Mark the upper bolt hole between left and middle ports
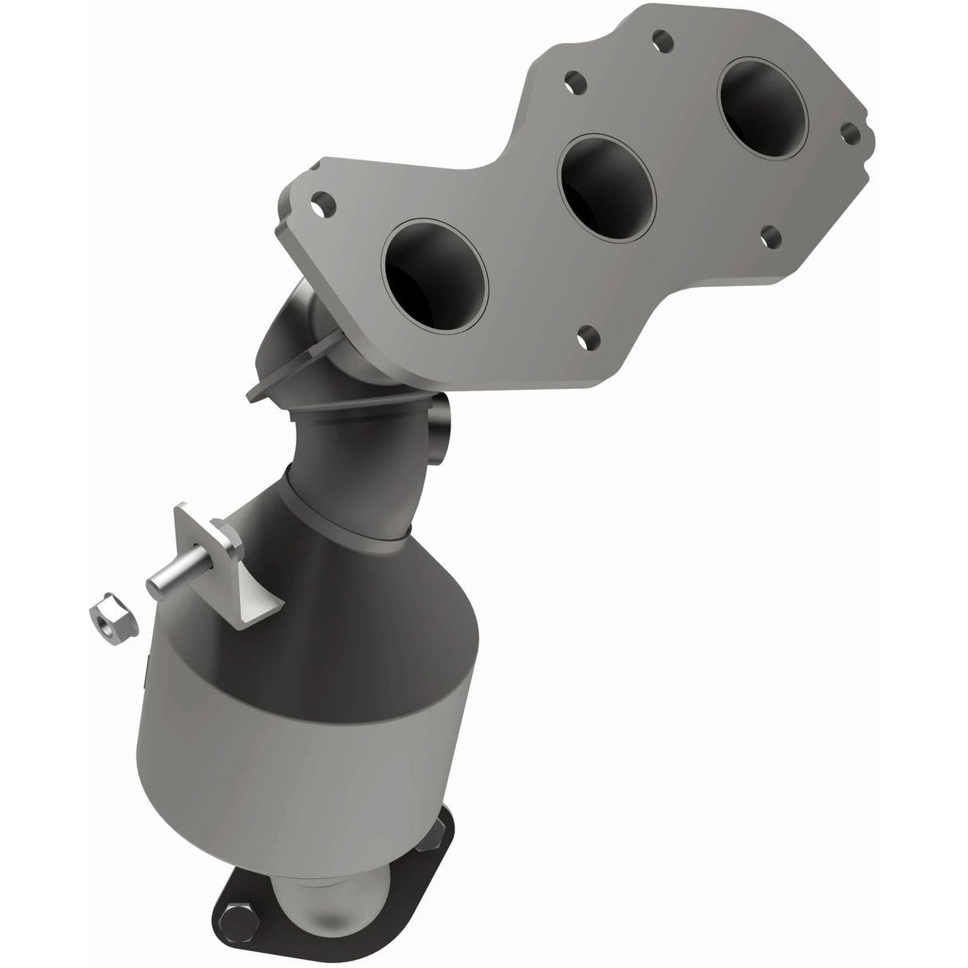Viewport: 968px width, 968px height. [x=572, y=81]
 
